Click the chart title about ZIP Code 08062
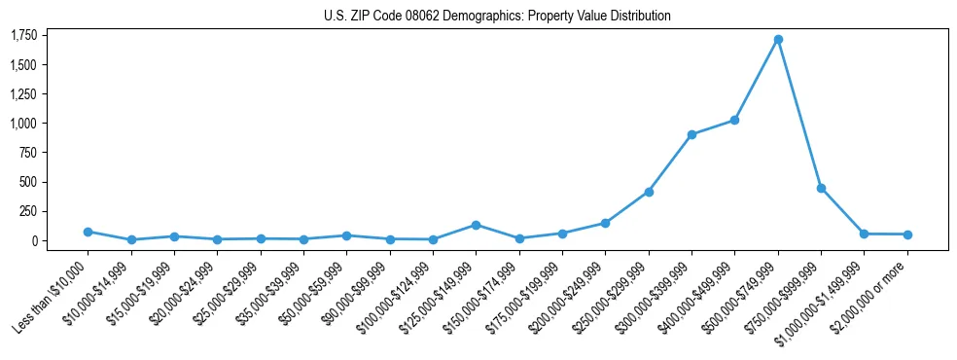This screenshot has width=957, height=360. point(497,17)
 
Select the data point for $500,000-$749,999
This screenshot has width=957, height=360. point(778,40)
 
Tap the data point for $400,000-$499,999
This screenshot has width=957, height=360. point(734,120)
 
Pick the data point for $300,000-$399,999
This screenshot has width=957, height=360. point(691,134)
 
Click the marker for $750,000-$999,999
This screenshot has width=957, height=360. point(821,188)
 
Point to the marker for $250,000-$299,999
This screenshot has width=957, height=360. point(649,192)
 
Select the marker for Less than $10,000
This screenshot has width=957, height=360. point(88,232)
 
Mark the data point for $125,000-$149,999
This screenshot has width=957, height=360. point(476,225)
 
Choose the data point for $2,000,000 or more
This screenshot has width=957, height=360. point(907,234)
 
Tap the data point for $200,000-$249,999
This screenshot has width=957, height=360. point(605,223)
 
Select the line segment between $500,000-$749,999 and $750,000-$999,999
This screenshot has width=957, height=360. point(799,114)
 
